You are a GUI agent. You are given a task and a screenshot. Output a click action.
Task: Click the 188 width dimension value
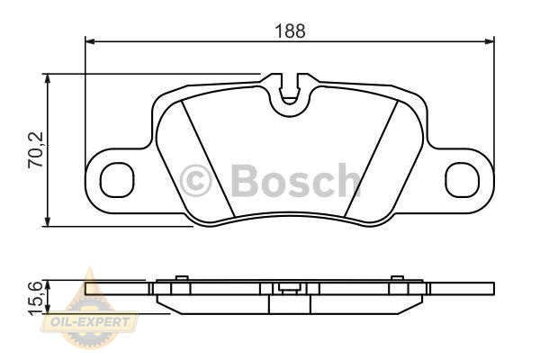click(x=290, y=31)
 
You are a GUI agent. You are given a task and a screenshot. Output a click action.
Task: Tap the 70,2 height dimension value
click(x=36, y=150)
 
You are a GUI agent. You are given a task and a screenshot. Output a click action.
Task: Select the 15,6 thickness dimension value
click(x=36, y=298)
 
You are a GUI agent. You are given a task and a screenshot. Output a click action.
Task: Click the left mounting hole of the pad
click(x=117, y=179)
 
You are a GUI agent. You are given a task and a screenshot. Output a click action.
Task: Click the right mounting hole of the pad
click(x=463, y=179)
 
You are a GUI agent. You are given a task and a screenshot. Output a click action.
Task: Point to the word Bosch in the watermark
click(x=296, y=180)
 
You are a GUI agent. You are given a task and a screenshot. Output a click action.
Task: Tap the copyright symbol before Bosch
click(x=195, y=181)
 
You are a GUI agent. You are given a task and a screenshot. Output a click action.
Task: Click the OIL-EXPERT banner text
click(x=90, y=322)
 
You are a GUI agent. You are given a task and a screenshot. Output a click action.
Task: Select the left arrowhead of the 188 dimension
click(x=89, y=41)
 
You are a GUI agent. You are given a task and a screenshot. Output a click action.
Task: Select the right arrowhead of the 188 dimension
click(x=490, y=41)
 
